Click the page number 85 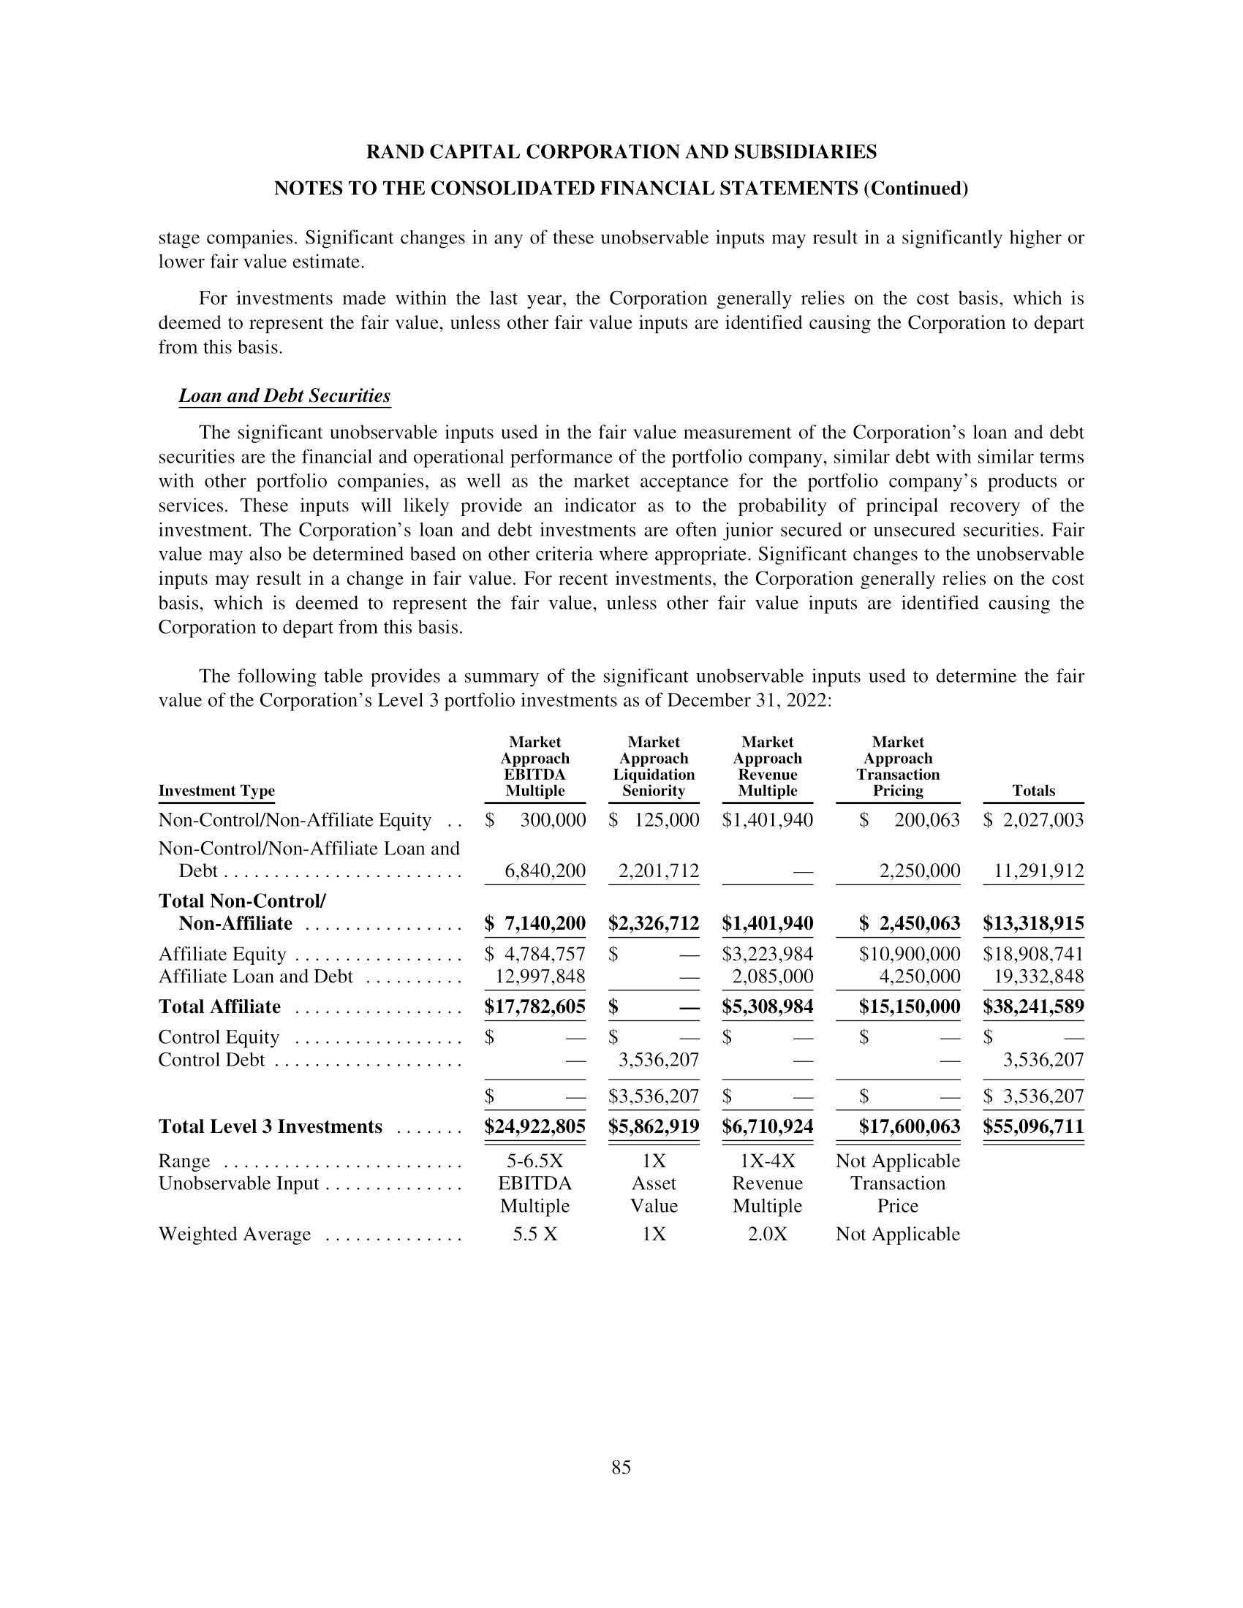tap(621, 1468)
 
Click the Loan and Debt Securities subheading tap(284, 396)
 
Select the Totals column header tap(1033, 791)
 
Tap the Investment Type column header tap(216, 791)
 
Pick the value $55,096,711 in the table tap(1033, 1126)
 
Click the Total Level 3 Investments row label tap(271, 1126)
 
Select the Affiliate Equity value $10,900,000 tap(909, 954)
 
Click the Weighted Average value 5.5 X tap(535, 1234)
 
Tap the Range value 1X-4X tap(767, 1161)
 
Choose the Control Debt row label tap(211, 1061)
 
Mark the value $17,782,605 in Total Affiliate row tap(535, 1006)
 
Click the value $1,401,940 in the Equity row tap(767, 820)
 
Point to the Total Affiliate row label tap(219, 1006)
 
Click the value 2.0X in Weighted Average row tap(767, 1234)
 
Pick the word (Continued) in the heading tap(915, 189)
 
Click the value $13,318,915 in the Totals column tap(1033, 923)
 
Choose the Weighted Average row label tap(234, 1234)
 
